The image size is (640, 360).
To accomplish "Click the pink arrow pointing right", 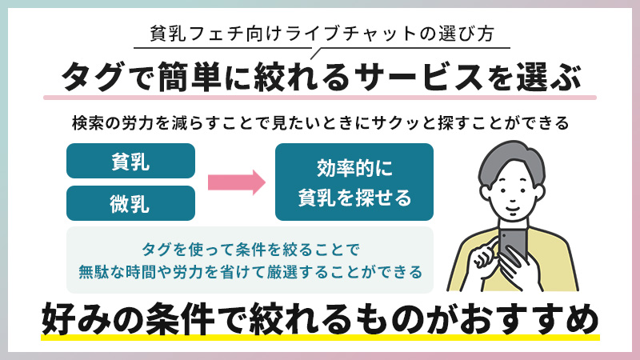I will (236, 182).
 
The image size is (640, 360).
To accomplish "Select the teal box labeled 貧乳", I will (130, 161).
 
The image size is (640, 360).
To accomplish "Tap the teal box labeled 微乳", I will (130, 203).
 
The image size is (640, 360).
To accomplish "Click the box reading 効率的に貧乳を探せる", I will (354, 182).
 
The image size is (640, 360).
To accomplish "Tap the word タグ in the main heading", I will (90, 78).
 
